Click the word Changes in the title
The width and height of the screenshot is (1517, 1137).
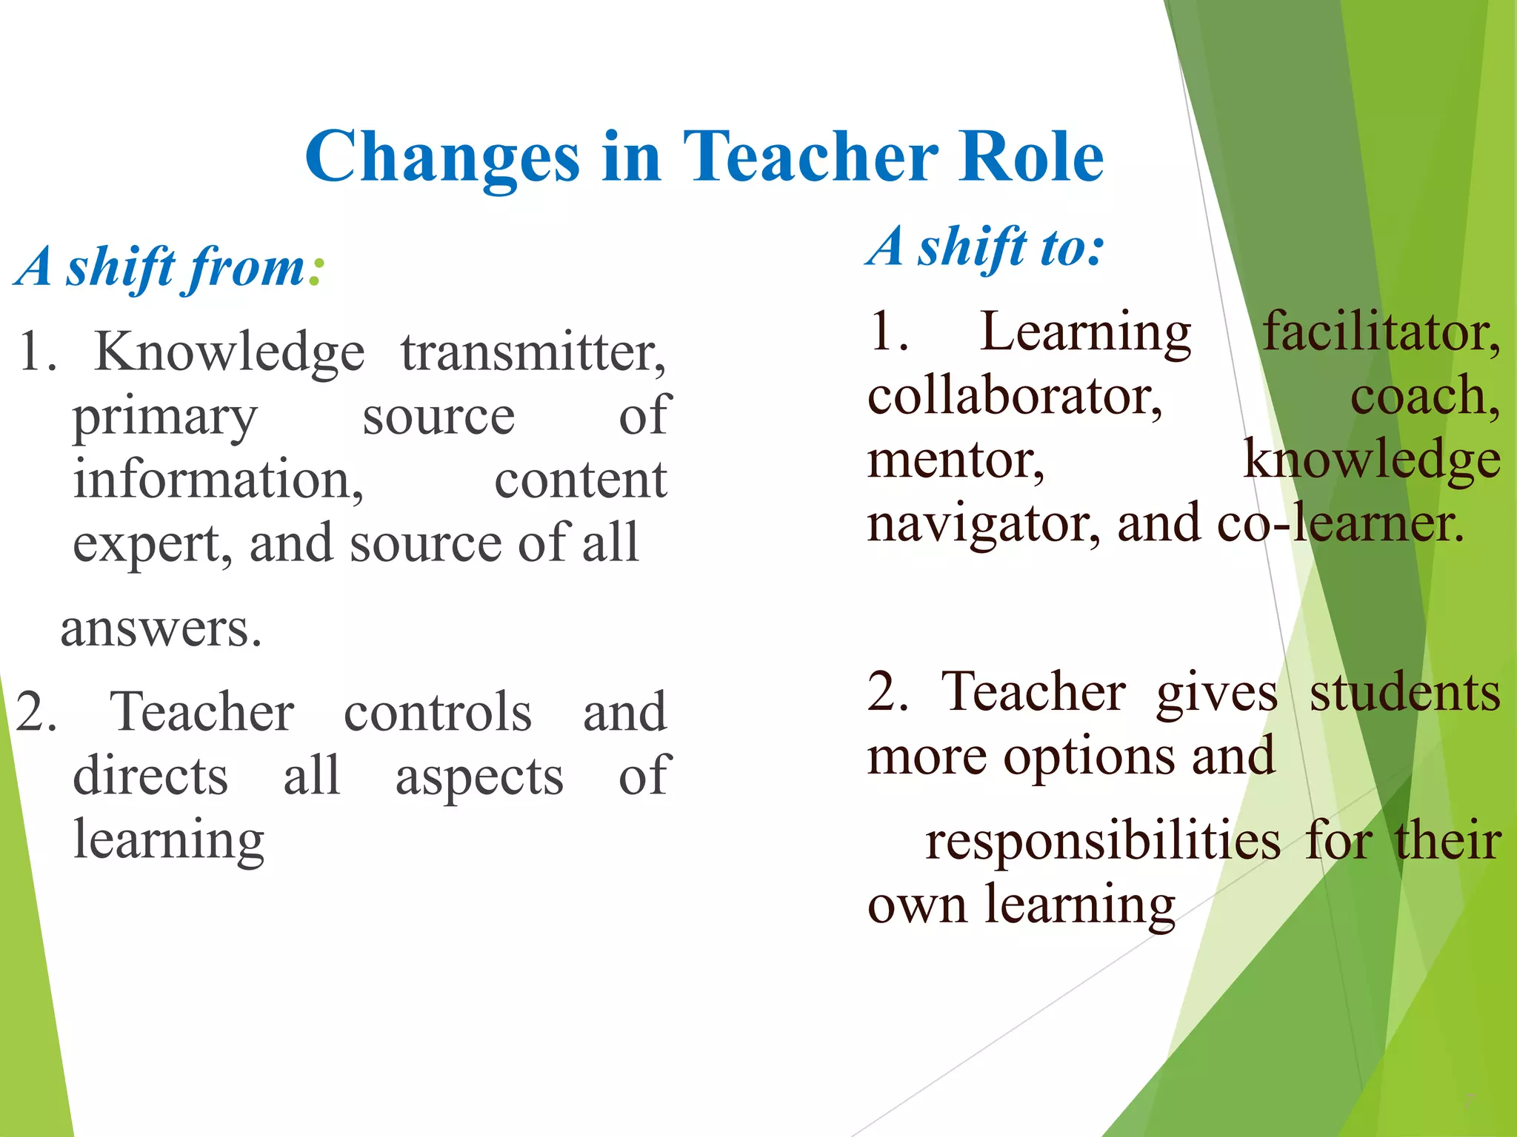442,157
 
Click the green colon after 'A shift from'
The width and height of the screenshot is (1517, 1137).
316,272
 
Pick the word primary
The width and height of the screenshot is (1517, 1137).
164,418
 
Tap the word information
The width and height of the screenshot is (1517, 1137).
218,480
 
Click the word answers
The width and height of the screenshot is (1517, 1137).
161,630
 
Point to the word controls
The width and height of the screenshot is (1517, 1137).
438,712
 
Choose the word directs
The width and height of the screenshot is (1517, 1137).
150,777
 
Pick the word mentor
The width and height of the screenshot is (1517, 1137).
956,460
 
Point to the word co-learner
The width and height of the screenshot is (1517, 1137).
1341,523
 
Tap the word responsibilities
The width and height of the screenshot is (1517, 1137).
1103,842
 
